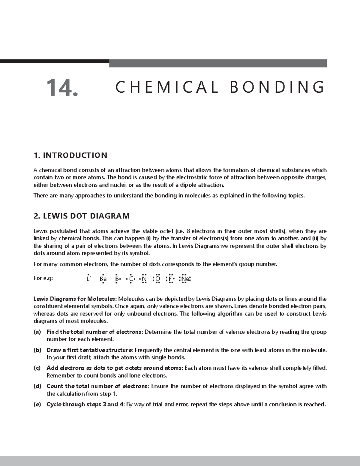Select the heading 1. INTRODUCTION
pos(70,155)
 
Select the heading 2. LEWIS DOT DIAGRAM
pos(82,216)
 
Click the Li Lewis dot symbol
pos(88,279)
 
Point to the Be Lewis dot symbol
pos(103,279)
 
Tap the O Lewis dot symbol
pos(157,279)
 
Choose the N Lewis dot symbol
pos(144,279)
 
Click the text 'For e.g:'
pos(43,278)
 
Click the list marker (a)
pos(37,332)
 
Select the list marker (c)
pos(37,368)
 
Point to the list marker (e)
pos(37,404)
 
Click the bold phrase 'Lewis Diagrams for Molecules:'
pos(75,299)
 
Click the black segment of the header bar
pos(54,61)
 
